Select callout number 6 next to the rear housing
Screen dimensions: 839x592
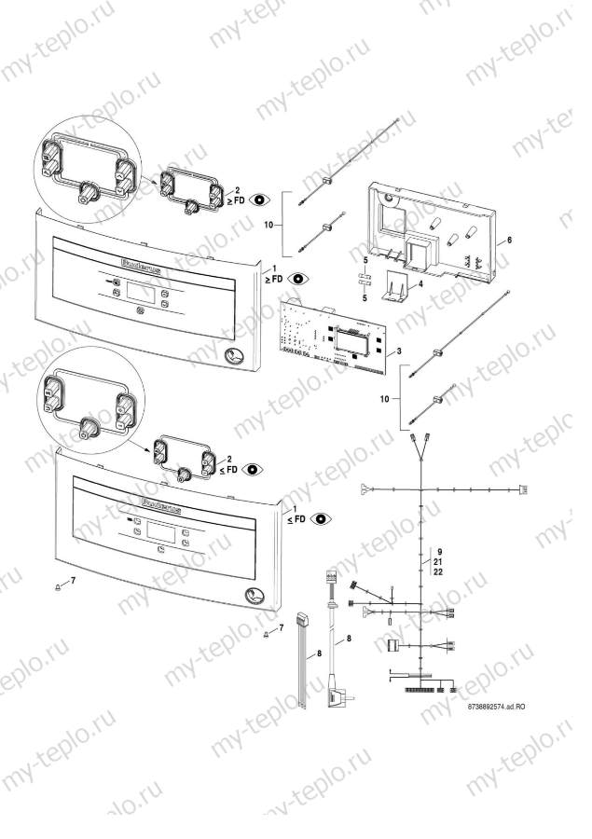click(510, 240)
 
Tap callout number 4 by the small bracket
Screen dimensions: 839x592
click(420, 283)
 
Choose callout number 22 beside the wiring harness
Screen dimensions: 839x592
click(437, 573)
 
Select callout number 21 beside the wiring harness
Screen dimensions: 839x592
click(437, 563)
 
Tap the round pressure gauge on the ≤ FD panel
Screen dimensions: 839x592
click(253, 598)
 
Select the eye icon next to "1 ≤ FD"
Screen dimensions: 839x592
click(322, 517)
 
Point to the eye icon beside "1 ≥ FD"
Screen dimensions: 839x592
click(298, 278)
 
